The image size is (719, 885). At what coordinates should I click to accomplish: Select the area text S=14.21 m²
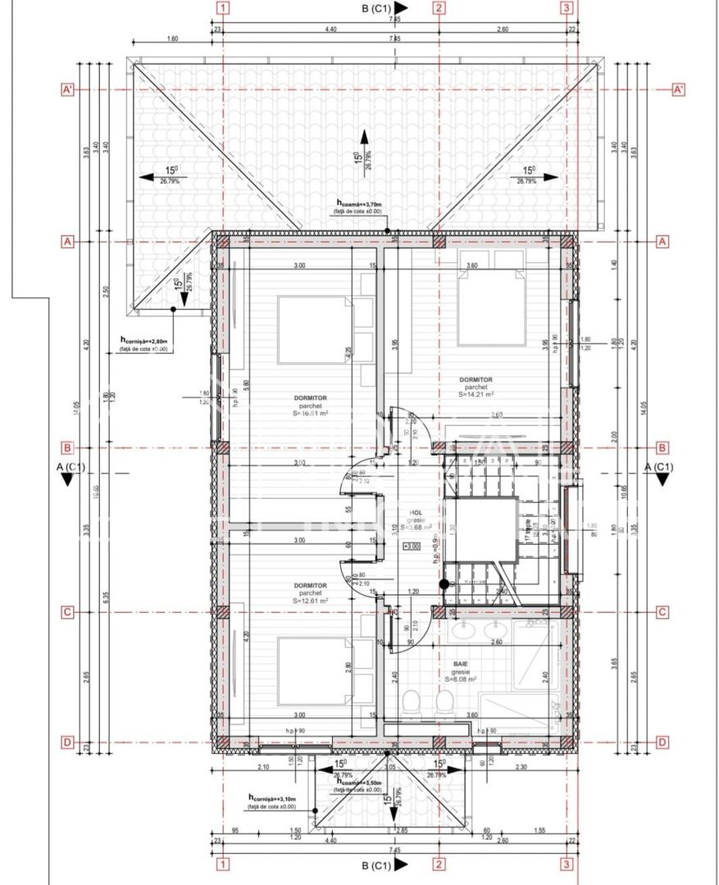click(476, 393)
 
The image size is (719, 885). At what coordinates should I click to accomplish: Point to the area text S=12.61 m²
click(312, 600)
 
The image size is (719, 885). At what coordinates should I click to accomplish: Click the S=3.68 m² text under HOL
click(416, 528)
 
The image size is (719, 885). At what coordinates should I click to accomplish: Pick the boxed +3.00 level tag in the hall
click(411, 546)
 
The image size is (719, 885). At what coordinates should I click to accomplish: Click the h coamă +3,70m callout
click(360, 203)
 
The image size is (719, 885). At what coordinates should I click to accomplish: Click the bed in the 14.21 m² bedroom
click(489, 300)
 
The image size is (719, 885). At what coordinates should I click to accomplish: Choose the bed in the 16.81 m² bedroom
click(315, 329)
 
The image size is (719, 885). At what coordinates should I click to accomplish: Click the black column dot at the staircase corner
click(444, 584)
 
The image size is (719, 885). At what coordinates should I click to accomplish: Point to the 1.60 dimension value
click(172, 39)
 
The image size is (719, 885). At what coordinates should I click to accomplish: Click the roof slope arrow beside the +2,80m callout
click(181, 290)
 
